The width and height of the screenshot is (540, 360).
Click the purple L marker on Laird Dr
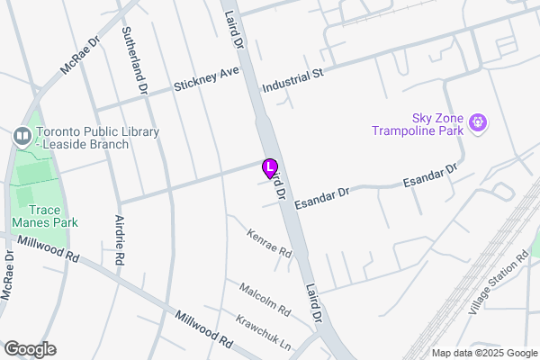[269, 167]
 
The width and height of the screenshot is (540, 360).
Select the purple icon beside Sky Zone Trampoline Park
[477, 121]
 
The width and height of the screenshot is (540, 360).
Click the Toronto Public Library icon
[22, 137]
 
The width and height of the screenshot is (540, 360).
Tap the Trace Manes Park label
[45, 215]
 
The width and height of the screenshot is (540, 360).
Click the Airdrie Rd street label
[119, 239]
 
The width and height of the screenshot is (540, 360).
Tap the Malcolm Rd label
[265, 300]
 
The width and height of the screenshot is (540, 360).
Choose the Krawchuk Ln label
[264, 332]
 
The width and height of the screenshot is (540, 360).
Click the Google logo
[30, 349]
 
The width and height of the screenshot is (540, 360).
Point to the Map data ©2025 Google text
[482, 352]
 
